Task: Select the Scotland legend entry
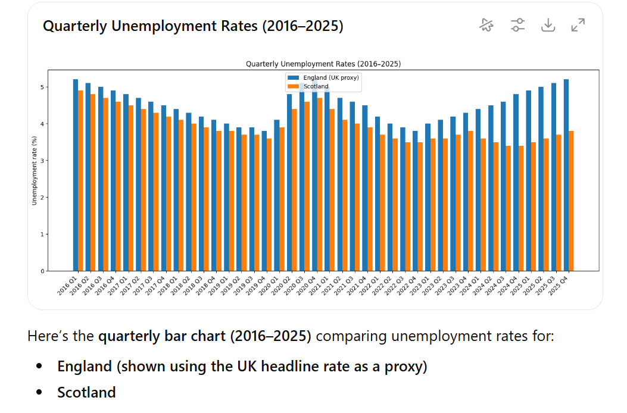[x=316, y=86]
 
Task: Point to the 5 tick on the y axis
[x=42, y=87]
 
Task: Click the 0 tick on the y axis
[x=42, y=271]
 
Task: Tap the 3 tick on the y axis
[x=42, y=161]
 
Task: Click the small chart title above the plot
[x=323, y=64]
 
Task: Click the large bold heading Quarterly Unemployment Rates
[x=193, y=26]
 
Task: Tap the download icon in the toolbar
[x=548, y=25]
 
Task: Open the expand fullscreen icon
[x=578, y=25]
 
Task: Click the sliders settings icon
[x=517, y=25]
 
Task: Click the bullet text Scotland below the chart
[x=86, y=393]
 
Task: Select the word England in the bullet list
[x=84, y=367]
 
